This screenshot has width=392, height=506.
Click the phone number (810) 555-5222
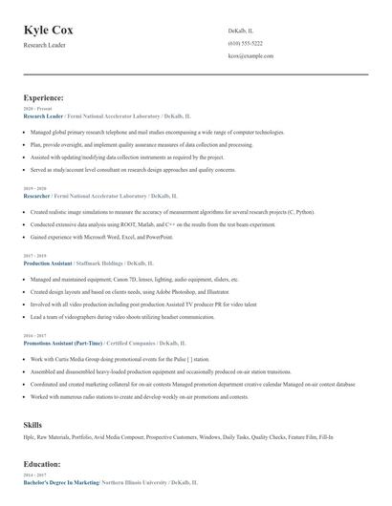coord(246,44)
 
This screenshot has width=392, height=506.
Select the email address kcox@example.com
coord(251,56)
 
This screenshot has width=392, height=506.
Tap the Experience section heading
coord(44,97)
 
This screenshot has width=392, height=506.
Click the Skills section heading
coord(33,423)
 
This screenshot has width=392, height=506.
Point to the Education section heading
coord(42,464)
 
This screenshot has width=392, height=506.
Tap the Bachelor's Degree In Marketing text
coord(61,483)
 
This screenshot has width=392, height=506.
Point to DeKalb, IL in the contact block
coord(241,32)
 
